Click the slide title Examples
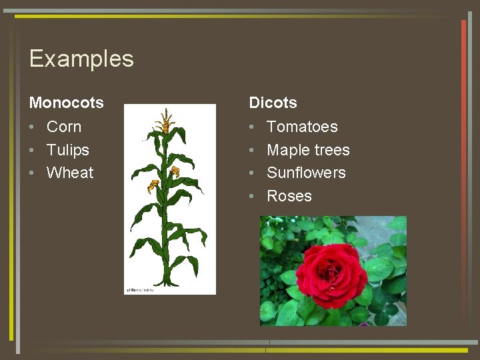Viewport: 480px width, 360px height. pyautogui.click(x=81, y=59)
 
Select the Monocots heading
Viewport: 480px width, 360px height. pyautogui.click(x=67, y=103)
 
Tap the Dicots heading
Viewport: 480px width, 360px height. pyautogui.click(x=273, y=103)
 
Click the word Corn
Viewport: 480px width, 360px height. pyautogui.click(x=64, y=127)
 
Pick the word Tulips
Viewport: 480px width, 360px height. pyautogui.click(x=67, y=150)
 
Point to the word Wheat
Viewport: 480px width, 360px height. pyautogui.click(x=70, y=173)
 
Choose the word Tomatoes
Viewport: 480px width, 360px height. pyautogui.click(x=302, y=127)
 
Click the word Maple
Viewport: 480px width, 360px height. pyautogui.click(x=287, y=150)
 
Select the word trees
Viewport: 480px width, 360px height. pyautogui.click(x=331, y=150)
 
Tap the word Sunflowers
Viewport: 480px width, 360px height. pyautogui.click(x=306, y=173)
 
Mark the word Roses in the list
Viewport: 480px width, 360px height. pyautogui.click(x=289, y=196)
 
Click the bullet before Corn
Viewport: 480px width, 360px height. pyautogui.click(x=32, y=127)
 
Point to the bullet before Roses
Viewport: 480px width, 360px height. pyautogui.click(x=252, y=197)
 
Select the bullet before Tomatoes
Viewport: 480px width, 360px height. pyautogui.click(x=252, y=127)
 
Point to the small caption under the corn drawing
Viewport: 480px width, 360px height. pyautogui.click(x=140, y=290)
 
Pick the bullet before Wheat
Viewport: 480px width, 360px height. pyautogui.click(x=32, y=173)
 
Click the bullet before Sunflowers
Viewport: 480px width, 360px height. pyautogui.click(x=252, y=173)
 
